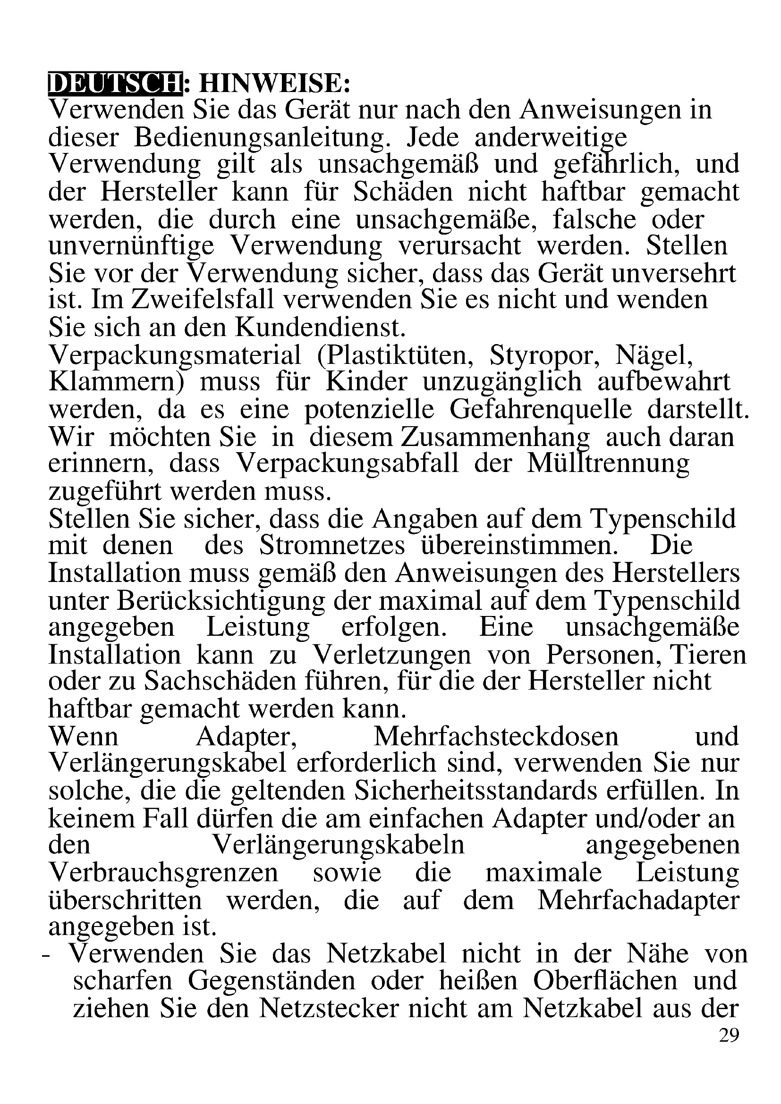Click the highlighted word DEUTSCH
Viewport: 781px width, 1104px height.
click(x=115, y=83)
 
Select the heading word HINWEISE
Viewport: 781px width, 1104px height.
click(x=275, y=83)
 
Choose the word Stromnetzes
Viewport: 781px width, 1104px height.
click(x=332, y=546)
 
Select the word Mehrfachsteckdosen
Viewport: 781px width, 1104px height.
click(x=496, y=737)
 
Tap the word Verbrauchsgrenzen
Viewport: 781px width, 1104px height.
click(x=163, y=874)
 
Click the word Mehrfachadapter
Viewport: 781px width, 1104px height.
click(x=638, y=901)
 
